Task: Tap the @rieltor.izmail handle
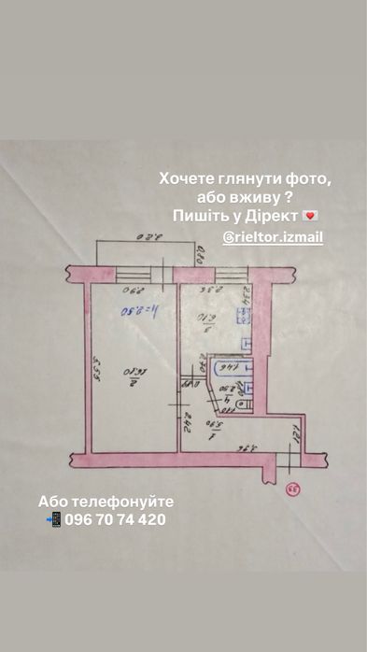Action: click(x=273, y=238)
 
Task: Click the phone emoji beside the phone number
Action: click(x=54, y=519)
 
